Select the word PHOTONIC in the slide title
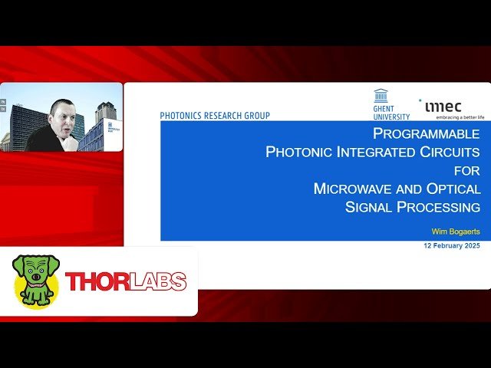click(299, 152)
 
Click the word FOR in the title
click(466, 170)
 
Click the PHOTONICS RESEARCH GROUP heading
click(215, 116)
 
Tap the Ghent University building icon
click(381, 97)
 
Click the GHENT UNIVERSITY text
click(391, 113)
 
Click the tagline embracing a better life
click(460, 117)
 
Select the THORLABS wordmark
click(126, 281)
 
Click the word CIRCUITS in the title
click(450, 152)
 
